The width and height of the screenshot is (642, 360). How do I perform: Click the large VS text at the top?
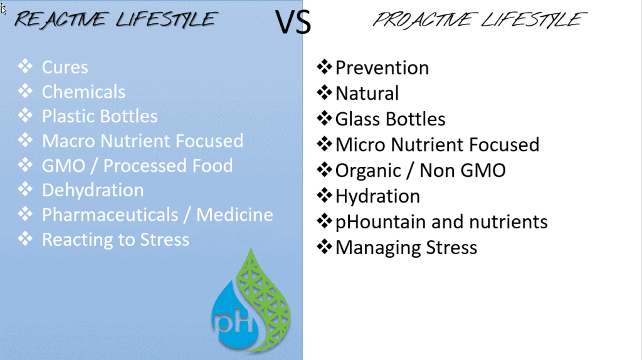[293, 22]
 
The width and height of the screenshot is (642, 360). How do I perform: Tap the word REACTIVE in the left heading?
[62, 19]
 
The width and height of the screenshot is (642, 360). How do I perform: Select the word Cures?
[65, 67]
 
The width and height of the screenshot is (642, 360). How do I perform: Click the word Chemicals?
[83, 92]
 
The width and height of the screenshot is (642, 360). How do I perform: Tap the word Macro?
[69, 141]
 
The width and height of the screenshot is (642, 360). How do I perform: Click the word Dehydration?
[93, 190]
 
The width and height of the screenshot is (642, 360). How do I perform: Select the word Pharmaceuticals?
[110, 214]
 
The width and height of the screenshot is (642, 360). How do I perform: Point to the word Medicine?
[234, 214]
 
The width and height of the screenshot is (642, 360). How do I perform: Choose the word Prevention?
[382, 68]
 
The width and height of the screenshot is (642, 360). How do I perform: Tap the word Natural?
[367, 93]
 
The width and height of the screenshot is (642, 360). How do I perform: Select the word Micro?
[360, 145]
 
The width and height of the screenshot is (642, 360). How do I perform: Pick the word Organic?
[368, 171]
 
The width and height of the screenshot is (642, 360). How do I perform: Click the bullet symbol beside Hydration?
[324, 195]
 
